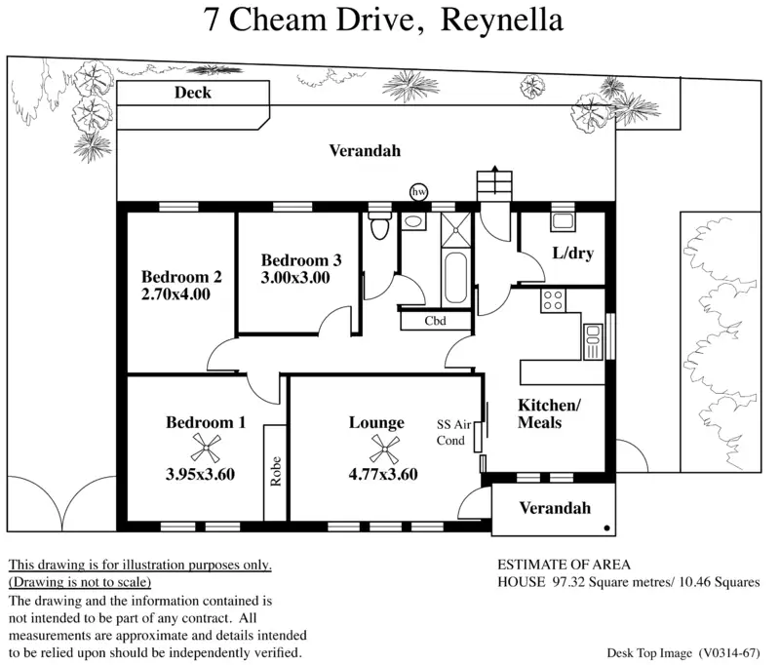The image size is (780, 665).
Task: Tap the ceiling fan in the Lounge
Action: pyautogui.click(x=378, y=449)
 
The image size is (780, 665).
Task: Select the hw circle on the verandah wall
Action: pyautogui.click(x=419, y=192)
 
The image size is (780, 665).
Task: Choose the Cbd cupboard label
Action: pyautogui.click(x=435, y=320)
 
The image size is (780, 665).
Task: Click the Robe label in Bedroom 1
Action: pyautogui.click(x=276, y=473)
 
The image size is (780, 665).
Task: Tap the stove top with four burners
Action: pyautogui.click(x=554, y=300)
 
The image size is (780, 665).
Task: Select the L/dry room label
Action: pyautogui.click(x=572, y=254)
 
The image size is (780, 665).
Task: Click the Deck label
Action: pyautogui.click(x=192, y=94)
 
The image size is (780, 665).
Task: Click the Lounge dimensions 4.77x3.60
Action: pyautogui.click(x=383, y=475)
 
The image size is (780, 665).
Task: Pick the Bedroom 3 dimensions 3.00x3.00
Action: pyautogui.click(x=295, y=278)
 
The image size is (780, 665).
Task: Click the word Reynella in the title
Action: pyautogui.click(x=502, y=20)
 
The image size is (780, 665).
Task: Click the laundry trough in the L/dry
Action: pyautogui.click(x=564, y=220)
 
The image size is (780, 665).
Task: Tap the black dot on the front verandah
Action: pyautogui.click(x=607, y=527)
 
